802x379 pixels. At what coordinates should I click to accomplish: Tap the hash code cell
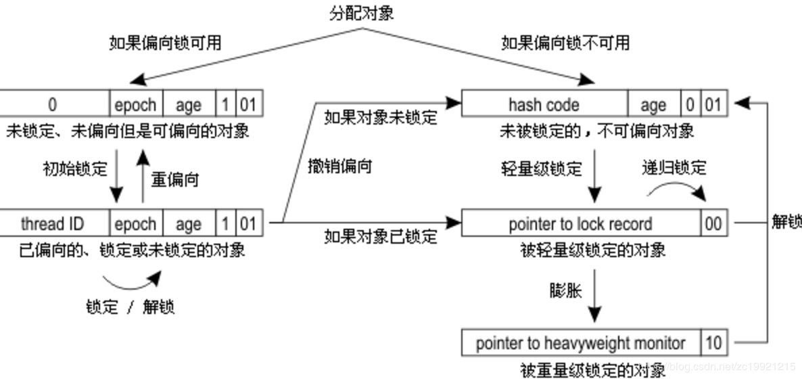coord(544,105)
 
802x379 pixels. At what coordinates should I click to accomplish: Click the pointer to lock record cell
coord(580,224)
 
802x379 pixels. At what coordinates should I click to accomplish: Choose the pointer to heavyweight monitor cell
coord(580,343)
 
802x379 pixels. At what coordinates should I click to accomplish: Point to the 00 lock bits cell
coord(713,224)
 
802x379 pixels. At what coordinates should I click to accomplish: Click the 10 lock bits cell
coord(713,343)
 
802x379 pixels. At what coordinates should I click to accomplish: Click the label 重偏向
coord(174,181)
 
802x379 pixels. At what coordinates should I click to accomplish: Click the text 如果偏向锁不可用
coord(565,43)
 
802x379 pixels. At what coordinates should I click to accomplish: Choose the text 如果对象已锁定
coord(381,236)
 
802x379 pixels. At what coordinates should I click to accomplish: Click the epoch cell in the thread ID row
coord(135,224)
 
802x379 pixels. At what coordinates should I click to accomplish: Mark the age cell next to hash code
coord(653,105)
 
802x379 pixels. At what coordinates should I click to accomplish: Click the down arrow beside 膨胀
coord(594,297)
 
